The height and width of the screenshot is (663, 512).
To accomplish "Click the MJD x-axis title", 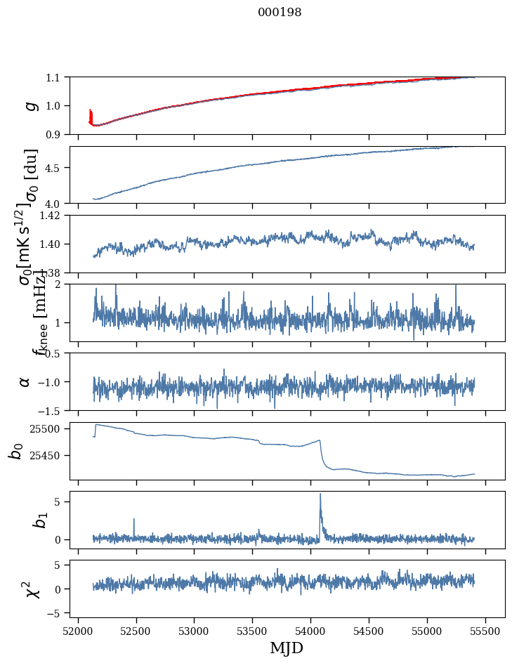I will pyautogui.click(x=287, y=648).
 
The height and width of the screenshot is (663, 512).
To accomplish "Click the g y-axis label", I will pyautogui.click(x=30, y=105).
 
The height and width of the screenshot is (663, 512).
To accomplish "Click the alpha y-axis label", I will pyautogui.click(x=25, y=381).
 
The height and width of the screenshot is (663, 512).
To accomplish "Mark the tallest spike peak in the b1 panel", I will pyautogui.click(x=320, y=494).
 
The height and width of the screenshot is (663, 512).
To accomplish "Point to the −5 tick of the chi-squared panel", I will pyautogui.click(x=57, y=613).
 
